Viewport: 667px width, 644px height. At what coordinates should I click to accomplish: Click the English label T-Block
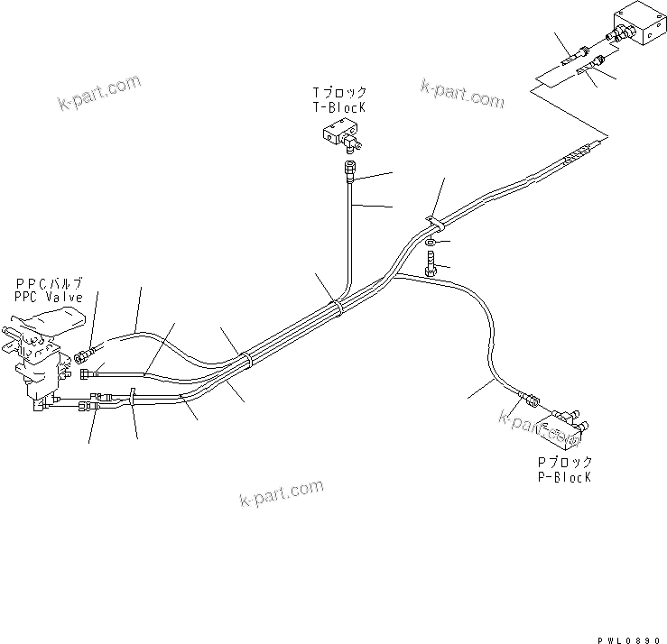tap(338, 106)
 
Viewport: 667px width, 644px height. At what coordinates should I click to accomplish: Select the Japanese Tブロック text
tap(339, 92)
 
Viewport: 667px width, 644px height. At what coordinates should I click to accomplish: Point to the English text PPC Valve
tap(49, 297)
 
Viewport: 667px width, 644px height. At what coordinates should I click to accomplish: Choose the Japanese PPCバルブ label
tap(49, 283)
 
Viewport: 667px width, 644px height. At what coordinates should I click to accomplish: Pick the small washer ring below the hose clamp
tap(432, 243)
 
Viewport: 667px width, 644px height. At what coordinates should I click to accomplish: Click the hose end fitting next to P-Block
tap(530, 402)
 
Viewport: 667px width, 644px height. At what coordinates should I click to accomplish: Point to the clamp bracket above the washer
tap(432, 221)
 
